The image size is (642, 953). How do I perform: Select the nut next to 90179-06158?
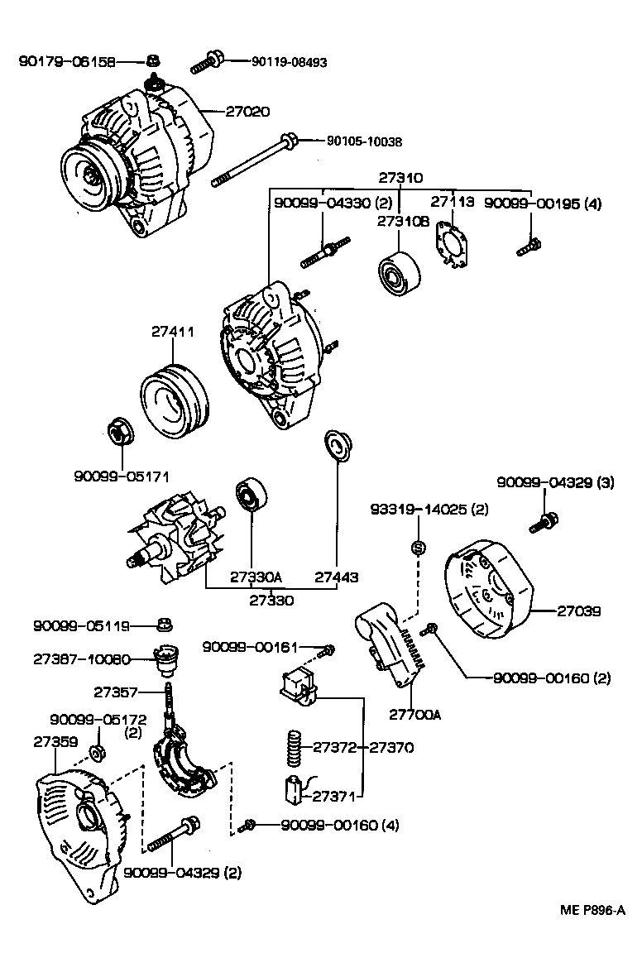click(152, 60)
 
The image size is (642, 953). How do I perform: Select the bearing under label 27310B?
click(398, 272)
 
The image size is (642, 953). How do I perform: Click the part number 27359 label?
click(50, 742)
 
